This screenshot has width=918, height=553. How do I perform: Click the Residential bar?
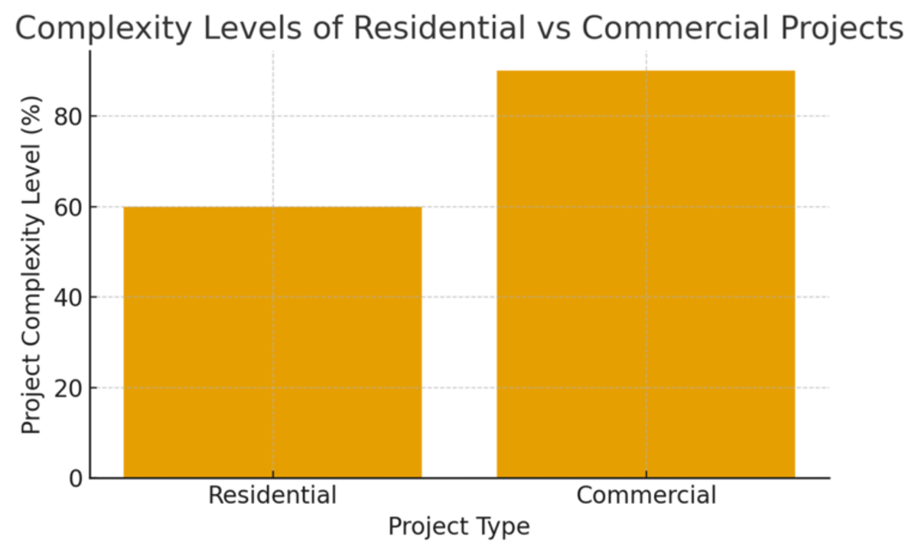272,343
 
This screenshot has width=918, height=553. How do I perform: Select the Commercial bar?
646,275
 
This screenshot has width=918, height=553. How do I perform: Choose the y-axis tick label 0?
76,479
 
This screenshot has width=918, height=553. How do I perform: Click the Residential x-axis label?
272,495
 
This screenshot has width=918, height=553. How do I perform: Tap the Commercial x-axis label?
646,495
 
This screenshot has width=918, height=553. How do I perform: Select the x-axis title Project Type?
459,527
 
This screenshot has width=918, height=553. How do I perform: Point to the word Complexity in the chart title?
103,28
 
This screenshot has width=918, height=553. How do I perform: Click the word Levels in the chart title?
252,28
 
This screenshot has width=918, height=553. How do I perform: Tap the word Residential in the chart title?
439,28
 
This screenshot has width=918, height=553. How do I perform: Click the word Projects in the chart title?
841,28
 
